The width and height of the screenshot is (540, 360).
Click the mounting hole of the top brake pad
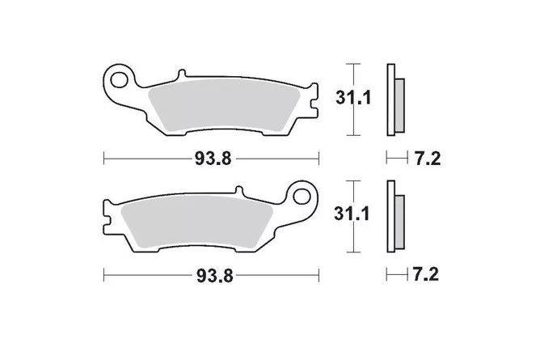(119, 80)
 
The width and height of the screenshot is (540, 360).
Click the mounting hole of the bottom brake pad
(302, 197)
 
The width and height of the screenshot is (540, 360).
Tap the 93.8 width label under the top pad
(213, 159)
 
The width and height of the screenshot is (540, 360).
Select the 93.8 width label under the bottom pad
(215, 276)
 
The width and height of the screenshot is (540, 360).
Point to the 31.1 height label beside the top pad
(354, 98)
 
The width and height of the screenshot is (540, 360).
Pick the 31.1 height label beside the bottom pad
(352, 214)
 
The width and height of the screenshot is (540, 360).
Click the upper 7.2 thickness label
(427, 159)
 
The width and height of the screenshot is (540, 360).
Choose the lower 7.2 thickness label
(426, 275)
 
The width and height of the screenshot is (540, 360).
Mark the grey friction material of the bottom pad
(197, 222)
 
